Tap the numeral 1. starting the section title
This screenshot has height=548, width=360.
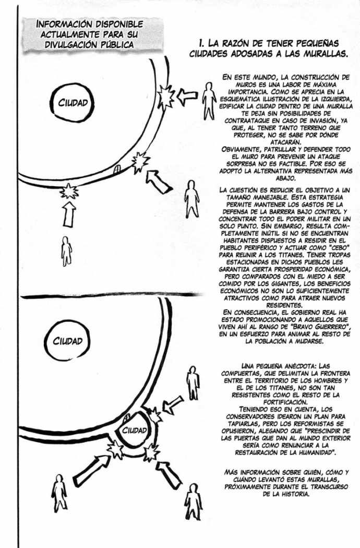click(201, 44)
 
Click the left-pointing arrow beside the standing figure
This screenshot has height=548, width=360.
click(187, 96)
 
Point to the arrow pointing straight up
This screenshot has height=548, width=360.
click(69, 215)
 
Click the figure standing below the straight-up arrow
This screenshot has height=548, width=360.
click(66, 251)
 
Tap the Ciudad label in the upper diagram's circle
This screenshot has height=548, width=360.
click(73, 103)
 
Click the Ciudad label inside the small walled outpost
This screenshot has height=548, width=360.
click(134, 430)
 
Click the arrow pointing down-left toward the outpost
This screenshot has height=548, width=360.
click(173, 404)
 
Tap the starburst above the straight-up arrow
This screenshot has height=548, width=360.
click(69, 192)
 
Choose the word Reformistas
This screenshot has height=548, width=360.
click(323, 424)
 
